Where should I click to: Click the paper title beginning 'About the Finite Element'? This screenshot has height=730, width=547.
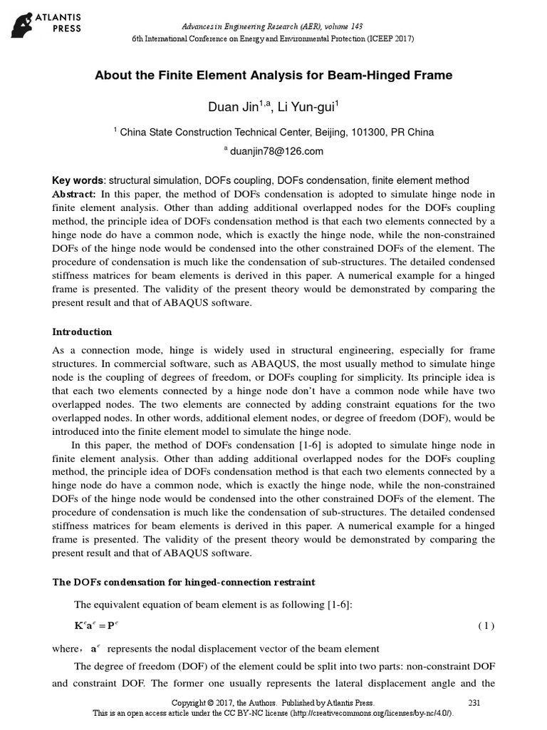(273, 75)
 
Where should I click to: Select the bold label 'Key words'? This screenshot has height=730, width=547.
(78, 181)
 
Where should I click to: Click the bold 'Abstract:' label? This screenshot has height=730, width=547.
(75, 194)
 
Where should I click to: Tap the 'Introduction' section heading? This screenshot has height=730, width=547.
(83, 332)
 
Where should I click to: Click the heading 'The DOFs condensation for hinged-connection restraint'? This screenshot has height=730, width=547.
(193, 582)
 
